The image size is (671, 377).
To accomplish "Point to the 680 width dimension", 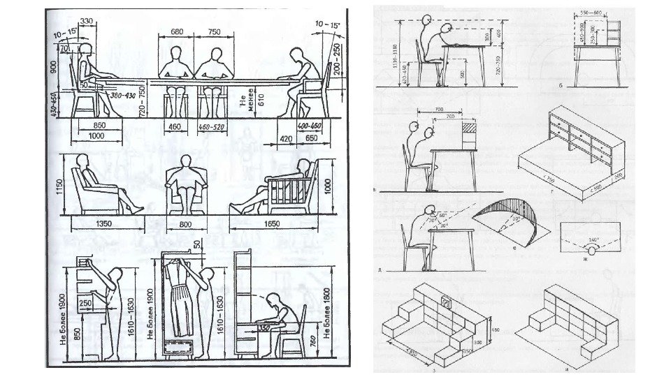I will click(176, 31).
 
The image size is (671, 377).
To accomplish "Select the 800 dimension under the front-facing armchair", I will click(186, 226).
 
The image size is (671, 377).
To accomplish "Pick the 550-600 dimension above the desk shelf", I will click(594, 13).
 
